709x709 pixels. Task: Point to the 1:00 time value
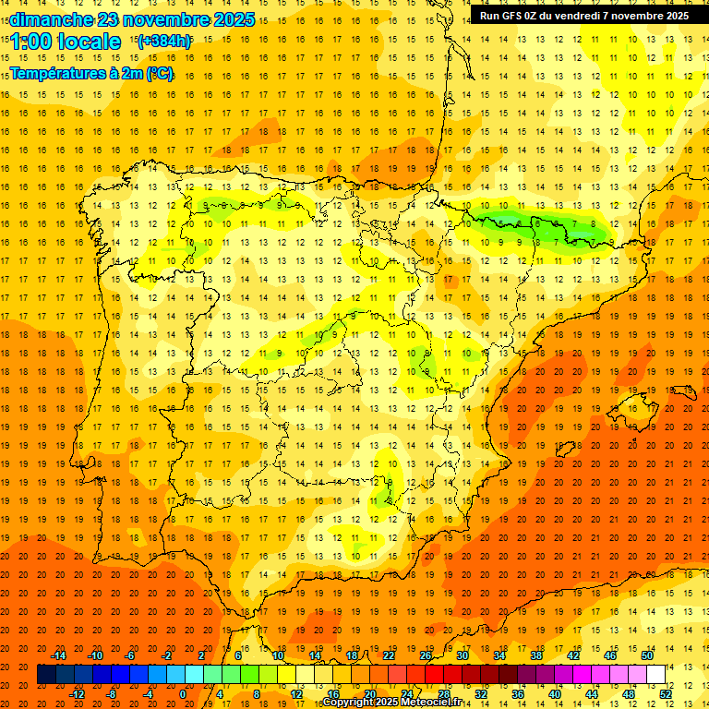[x=30, y=42]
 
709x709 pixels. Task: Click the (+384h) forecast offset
[x=163, y=42]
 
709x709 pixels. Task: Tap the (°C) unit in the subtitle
[x=159, y=73]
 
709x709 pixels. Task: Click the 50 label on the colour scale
[x=647, y=655]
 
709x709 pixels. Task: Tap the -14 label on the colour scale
[x=59, y=655]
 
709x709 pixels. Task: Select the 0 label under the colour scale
[x=183, y=694]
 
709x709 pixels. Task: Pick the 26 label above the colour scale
[x=426, y=655]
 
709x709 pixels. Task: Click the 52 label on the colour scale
[x=666, y=694]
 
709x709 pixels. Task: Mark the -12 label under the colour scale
[x=78, y=694]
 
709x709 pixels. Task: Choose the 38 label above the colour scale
[x=536, y=655]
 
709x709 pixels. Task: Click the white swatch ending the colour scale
[x=656, y=674]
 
